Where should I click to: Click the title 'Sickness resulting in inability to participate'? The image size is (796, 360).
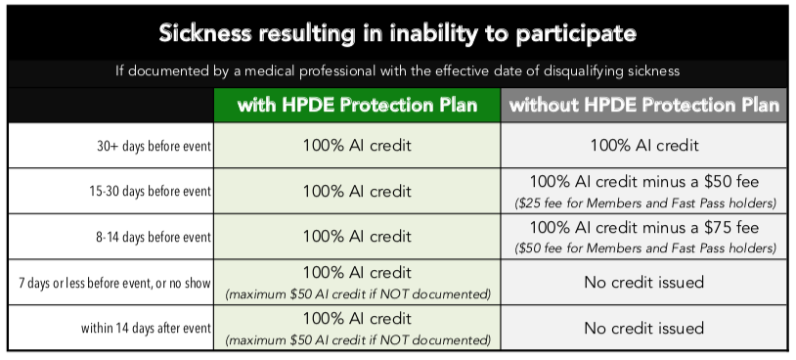(398, 34)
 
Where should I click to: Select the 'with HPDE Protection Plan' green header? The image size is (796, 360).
(357, 105)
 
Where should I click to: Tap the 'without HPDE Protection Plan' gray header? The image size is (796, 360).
(644, 105)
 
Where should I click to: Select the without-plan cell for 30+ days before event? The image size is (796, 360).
(644, 146)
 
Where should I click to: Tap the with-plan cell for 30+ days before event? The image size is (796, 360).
(357, 146)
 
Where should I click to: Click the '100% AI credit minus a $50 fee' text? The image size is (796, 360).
(644, 182)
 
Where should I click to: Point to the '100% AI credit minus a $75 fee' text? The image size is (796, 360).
(644, 227)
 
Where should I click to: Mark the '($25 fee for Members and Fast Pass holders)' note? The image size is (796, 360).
(644, 202)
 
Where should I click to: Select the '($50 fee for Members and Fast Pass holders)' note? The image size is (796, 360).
(644, 247)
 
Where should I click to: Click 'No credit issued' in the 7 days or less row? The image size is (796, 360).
(644, 283)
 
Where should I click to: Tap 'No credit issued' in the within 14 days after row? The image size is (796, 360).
(644, 328)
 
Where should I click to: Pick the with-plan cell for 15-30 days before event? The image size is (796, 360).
(357, 191)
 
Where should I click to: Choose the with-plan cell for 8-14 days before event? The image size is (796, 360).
(357, 236)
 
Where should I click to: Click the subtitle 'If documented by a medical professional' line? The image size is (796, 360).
(398, 72)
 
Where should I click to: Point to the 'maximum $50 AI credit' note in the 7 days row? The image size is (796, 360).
(357, 294)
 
